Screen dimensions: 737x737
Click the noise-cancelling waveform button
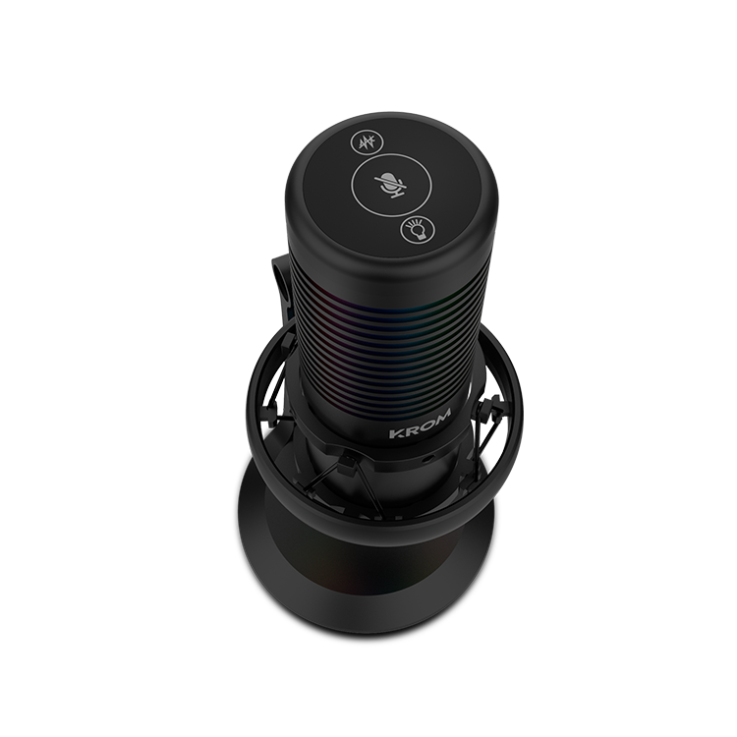(368, 142)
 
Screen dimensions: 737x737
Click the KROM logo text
(421, 424)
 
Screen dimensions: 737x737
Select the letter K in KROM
(396, 433)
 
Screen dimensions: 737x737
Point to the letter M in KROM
(442, 415)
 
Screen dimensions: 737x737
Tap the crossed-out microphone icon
(391, 186)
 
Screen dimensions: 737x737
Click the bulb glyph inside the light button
(418, 229)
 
